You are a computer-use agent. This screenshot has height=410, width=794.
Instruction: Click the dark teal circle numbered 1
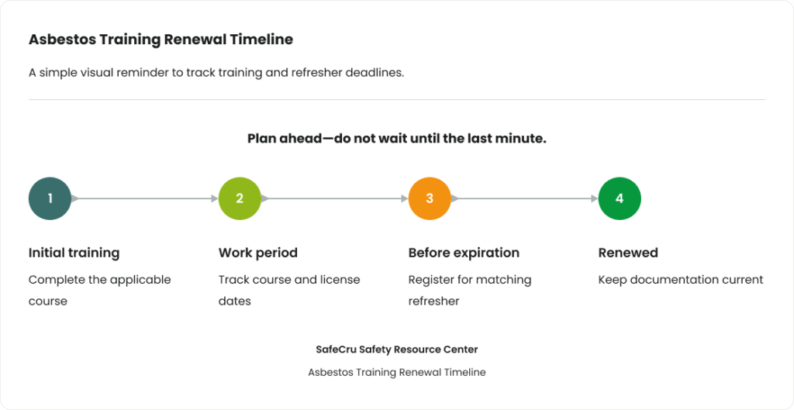tap(50, 198)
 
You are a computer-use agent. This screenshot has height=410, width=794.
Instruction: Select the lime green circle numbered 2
tap(240, 198)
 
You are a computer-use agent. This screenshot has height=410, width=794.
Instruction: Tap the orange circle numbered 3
tap(430, 198)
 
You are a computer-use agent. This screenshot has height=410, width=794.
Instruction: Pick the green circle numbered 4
tap(620, 198)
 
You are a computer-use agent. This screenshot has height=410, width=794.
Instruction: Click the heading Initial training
tap(74, 253)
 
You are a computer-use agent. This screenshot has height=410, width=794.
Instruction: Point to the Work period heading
tap(257, 253)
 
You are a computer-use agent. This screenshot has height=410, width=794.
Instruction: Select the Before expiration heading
tap(464, 253)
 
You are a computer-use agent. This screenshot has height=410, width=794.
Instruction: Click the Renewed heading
tap(628, 253)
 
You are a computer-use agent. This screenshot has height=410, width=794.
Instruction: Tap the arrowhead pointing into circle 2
tap(215, 198)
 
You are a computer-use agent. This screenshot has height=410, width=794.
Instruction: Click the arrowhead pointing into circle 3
tap(405, 198)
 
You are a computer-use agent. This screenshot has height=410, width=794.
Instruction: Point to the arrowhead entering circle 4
tap(595, 198)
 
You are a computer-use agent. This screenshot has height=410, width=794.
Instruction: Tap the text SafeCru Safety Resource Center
tap(397, 350)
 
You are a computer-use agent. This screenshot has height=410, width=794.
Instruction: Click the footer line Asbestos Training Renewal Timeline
tap(397, 373)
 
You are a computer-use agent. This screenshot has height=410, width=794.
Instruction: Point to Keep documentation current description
tap(681, 280)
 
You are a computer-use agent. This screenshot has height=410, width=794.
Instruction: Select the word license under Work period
tap(342, 280)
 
